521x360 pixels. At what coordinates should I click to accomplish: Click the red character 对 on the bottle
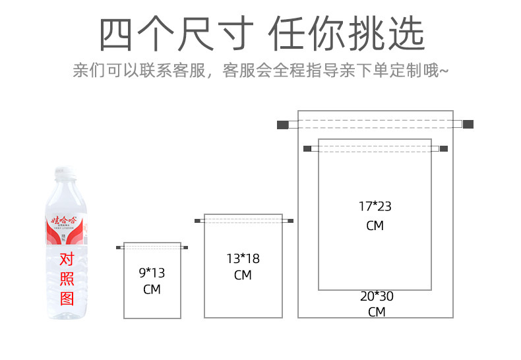click(67, 259)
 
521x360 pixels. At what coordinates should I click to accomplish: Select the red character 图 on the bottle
click(67, 299)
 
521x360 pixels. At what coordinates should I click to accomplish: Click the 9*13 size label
click(152, 272)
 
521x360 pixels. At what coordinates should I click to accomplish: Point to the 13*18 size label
click(243, 258)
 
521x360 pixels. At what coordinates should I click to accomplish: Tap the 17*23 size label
click(375, 206)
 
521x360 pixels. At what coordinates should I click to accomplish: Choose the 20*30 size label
click(377, 297)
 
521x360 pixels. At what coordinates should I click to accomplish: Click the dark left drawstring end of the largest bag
click(283, 124)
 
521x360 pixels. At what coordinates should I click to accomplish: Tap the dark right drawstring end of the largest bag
click(468, 124)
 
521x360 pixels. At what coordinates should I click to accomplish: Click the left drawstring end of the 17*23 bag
click(307, 148)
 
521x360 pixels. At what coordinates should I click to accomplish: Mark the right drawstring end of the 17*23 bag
click(443, 148)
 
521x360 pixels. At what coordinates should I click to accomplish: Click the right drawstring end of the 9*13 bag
click(185, 248)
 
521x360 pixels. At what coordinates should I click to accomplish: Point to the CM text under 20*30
click(377, 313)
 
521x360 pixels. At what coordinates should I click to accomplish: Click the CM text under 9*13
click(152, 289)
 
